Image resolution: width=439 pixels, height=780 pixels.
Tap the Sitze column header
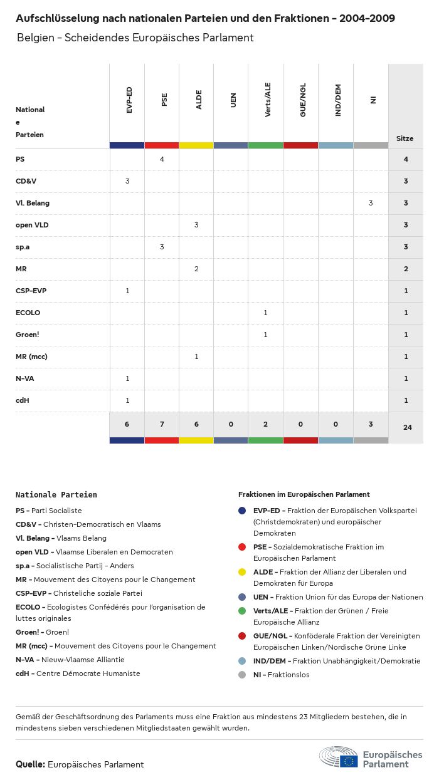pos(405,138)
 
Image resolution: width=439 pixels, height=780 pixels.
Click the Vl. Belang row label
pos(33,203)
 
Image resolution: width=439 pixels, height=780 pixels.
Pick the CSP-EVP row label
pos(31,291)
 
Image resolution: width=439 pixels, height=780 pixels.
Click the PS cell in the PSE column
pos(162,159)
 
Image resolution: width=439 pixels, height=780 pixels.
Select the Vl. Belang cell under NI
pos(371,203)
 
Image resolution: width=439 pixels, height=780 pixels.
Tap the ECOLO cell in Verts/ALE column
pos(265,313)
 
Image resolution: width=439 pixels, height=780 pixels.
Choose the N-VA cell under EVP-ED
pos(127,378)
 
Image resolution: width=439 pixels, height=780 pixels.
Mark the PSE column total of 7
pos(162,424)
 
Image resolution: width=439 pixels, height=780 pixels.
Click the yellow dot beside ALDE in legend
pos(242,572)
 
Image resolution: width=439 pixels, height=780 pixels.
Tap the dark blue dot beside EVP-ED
pos(242,511)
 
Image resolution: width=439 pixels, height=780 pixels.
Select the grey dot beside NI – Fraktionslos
pos(242,675)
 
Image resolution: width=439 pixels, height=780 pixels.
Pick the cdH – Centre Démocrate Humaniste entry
pos(78,673)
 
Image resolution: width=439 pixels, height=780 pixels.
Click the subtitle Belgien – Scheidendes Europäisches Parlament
pos(135,38)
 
